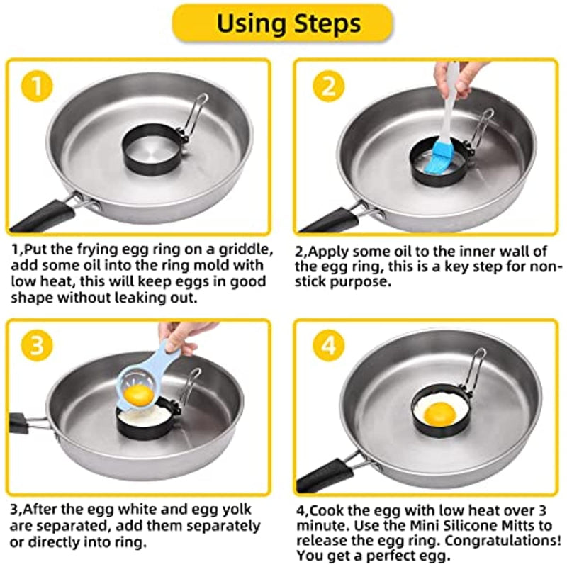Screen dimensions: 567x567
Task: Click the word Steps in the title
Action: pos(327,24)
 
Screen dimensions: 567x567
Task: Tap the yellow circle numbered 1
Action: pos(38,86)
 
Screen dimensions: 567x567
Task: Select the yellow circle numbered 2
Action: pos(329,86)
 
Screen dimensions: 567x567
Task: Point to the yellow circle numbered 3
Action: pos(38,345)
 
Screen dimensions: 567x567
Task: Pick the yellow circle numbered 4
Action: pos(329,345)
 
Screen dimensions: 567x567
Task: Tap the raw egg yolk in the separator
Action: pos(139,395)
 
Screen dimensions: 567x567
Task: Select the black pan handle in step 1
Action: pos(43,215)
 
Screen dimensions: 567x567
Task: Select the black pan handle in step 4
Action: pos(324,475)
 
